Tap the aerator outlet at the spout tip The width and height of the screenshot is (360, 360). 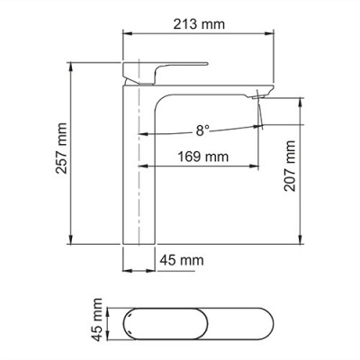pos(262,94)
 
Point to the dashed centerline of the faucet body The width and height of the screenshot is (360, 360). pos(140,180)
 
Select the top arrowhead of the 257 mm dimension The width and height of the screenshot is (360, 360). pos(72,67)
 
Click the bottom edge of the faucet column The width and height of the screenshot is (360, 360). pos(140,242)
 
